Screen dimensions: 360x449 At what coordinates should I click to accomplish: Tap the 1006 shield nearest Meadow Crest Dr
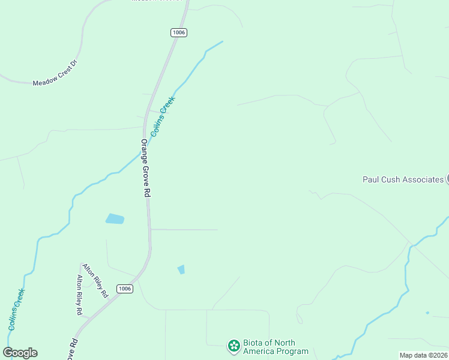pos(178,32)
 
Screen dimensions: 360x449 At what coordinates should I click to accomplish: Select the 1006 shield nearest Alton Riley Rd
pos(124,289)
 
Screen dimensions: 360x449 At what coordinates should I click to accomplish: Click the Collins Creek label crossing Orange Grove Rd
pos(162,116)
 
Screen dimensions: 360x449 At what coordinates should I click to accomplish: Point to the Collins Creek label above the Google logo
pos(17,310)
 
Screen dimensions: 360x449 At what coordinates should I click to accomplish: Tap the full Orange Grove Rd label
pos(145,169)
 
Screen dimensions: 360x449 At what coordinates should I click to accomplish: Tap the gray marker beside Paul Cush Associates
pos(447,179)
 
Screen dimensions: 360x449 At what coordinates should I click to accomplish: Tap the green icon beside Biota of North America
pos(234,346)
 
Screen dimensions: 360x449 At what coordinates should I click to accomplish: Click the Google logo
pos(20,353)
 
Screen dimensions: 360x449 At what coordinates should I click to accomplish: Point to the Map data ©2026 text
pos(423,355)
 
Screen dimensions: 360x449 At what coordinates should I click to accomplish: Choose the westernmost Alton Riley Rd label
pos(79,295)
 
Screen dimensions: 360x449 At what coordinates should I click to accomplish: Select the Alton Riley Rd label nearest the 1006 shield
pos(95,281)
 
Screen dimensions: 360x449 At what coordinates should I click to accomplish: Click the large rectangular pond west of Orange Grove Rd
pos(115,219)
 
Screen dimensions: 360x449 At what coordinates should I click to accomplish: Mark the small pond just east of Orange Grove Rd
pos(181,269)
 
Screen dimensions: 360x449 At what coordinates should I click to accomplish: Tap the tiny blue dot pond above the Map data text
pos(427,313)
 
